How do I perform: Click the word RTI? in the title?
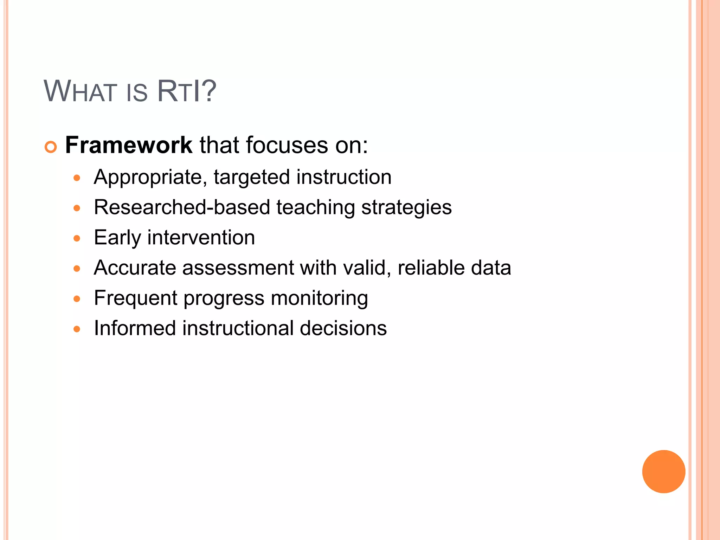click(x=186, y=91)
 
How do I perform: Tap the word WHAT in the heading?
click(x=80, y=91)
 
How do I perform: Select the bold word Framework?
click(x=129, y=145)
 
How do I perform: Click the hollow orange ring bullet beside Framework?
click(x=51, y=147)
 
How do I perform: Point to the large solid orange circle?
click(x=663, y=471)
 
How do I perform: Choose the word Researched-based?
click(x=182, y=207)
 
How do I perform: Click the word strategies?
click(x=406, y=207)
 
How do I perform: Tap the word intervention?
click(x=201, y=238)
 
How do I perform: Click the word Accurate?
click(x=135, y=268)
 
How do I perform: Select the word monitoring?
click(x=319, y=298)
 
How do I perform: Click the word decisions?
click(x=343, y=328)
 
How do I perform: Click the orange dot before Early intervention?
click(x=77, y=238)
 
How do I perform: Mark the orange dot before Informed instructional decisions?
click(x=77, y=329)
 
